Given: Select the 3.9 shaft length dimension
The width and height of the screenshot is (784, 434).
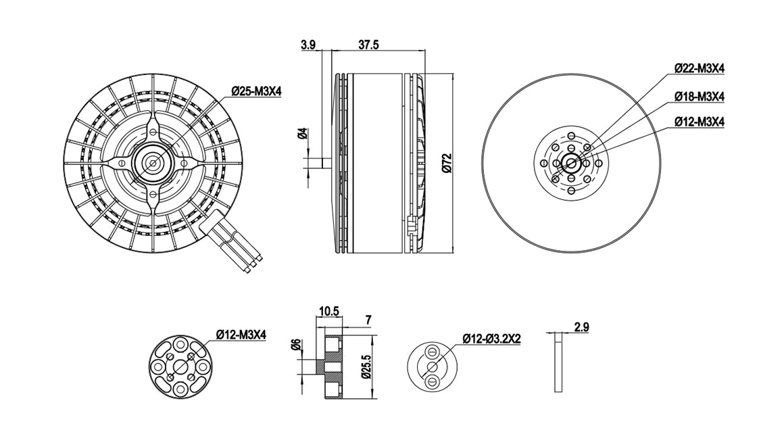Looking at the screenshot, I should [x=308, y=45].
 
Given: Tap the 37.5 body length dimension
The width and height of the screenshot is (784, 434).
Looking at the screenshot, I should [x=368, y=45].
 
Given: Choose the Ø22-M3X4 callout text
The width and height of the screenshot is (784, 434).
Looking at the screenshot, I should [x=699, y=68].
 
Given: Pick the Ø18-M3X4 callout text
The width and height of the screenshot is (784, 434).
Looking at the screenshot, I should [x=699, y=97].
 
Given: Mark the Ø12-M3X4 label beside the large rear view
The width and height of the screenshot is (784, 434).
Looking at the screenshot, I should [x=699, y=122].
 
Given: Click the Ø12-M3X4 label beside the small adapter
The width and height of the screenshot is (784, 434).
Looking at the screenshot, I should [x=241, y=334].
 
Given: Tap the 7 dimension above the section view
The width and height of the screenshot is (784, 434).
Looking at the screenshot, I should [x=368, y=318].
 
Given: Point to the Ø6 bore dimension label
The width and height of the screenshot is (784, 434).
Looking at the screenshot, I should [x=295, y=345].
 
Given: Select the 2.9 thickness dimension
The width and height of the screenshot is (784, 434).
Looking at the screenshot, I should [x=581, y=327].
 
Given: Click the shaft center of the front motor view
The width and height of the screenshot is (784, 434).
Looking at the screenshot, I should [x=153, y=162].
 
